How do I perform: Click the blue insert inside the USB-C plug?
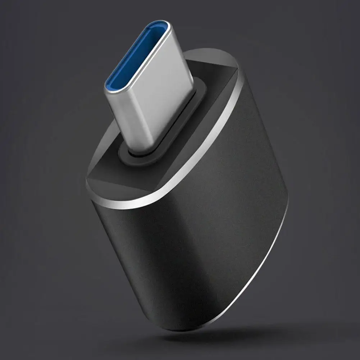[137, 54]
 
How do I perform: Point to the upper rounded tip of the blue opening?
[160, 27]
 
